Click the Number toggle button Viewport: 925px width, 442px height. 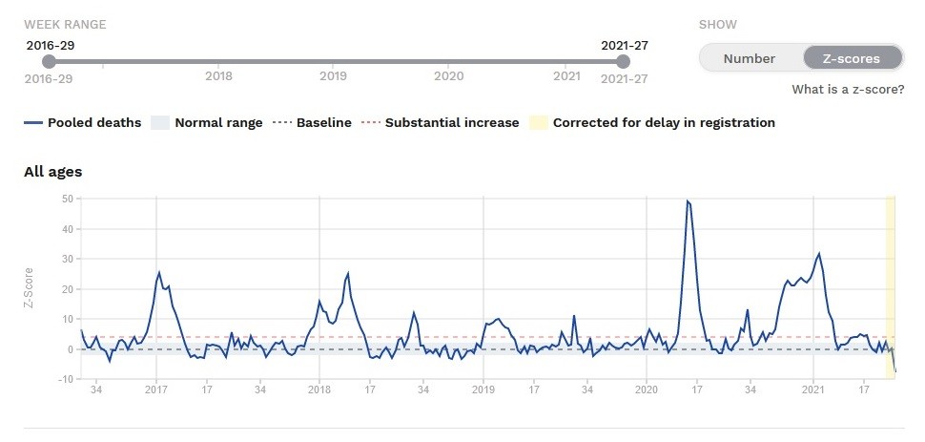click(749, 58)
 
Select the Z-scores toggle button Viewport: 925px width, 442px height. click(853, 58)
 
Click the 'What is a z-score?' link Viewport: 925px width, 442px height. click(848, 90)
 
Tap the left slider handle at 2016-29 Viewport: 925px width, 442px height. click(50, 62)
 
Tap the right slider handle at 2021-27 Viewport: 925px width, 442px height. click(624, 62)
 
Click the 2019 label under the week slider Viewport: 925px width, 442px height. click(333, 76)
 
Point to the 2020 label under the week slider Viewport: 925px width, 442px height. click(449, 76)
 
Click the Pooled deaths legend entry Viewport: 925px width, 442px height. click(83, 122)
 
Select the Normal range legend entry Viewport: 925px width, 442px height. click(207, 122)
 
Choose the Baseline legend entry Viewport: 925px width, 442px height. click(312, 122)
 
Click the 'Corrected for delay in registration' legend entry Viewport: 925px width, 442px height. click(653, 122)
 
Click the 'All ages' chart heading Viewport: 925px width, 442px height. click(53, 172)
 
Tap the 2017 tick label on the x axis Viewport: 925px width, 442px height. click(156, 389)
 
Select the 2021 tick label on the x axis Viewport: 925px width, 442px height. click(813, 389)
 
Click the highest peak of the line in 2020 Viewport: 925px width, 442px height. click(688, 201)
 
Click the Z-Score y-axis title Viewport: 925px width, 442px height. click(30, 288)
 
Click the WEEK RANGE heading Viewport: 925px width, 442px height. click(65, 24)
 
